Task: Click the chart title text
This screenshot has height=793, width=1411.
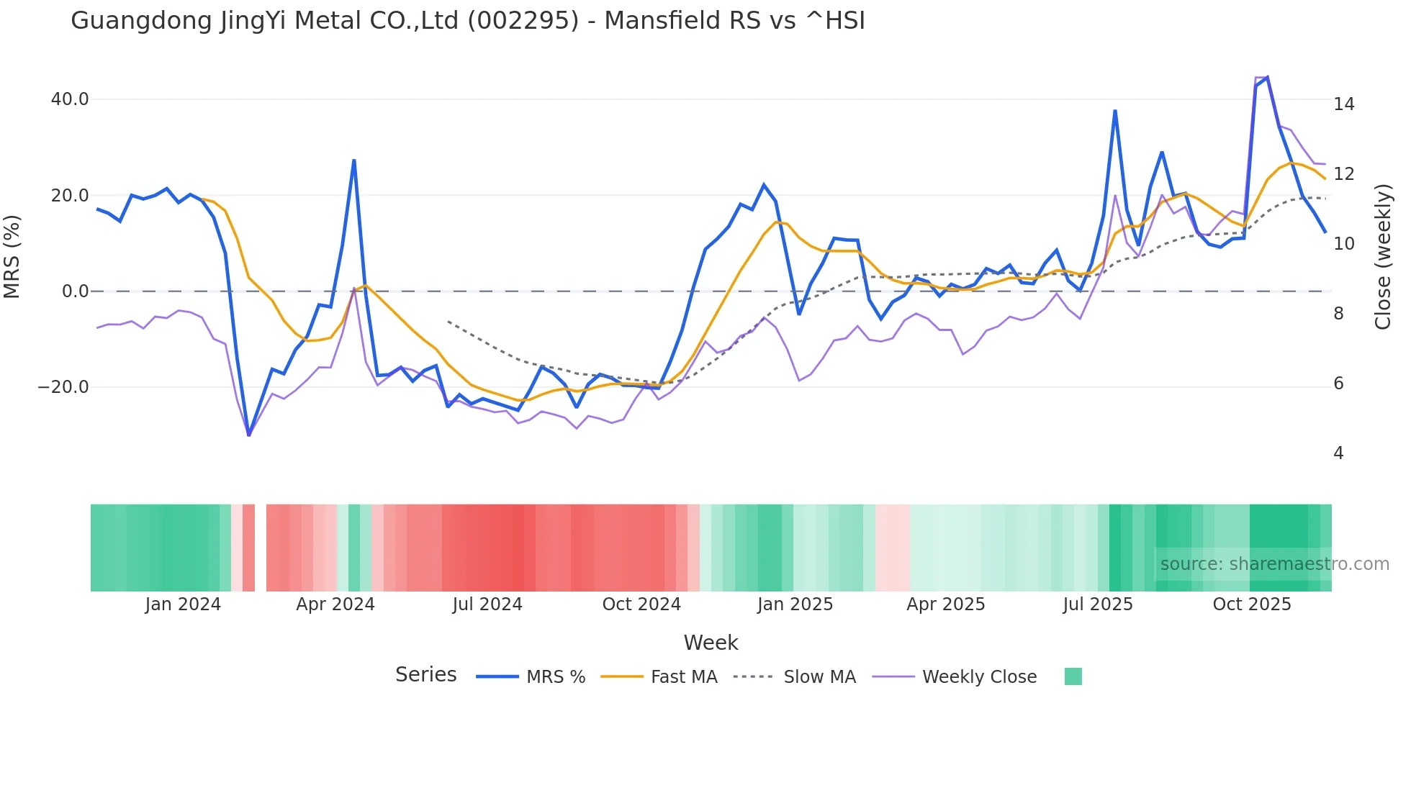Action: pos(468,21)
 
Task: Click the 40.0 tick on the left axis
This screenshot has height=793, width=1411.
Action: pos(70,99)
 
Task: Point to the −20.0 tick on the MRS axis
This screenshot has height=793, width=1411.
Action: pos(63,387)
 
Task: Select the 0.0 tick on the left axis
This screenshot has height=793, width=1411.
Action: pos(76,291)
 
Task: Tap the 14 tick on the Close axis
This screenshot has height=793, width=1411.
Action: pos(1343,104)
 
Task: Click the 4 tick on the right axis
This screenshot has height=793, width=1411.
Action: pos(1338,453)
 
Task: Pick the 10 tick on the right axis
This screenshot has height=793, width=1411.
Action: pos(1343,244)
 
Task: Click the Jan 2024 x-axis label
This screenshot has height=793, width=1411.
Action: pos(183,604)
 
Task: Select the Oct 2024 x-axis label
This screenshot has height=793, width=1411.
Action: pos(641,604)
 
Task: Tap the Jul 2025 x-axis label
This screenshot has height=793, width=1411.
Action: pos(1098,604)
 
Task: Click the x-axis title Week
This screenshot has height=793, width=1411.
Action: pos(711,643)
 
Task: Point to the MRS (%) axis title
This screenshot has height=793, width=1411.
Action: pos(12,256)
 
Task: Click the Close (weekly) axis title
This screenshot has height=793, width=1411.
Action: pos(1383,256)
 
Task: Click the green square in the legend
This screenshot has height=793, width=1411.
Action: pos(1073,676)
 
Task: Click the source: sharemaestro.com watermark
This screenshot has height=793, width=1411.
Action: pos(1274,564)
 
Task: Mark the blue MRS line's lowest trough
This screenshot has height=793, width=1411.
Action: pos(249,435)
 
